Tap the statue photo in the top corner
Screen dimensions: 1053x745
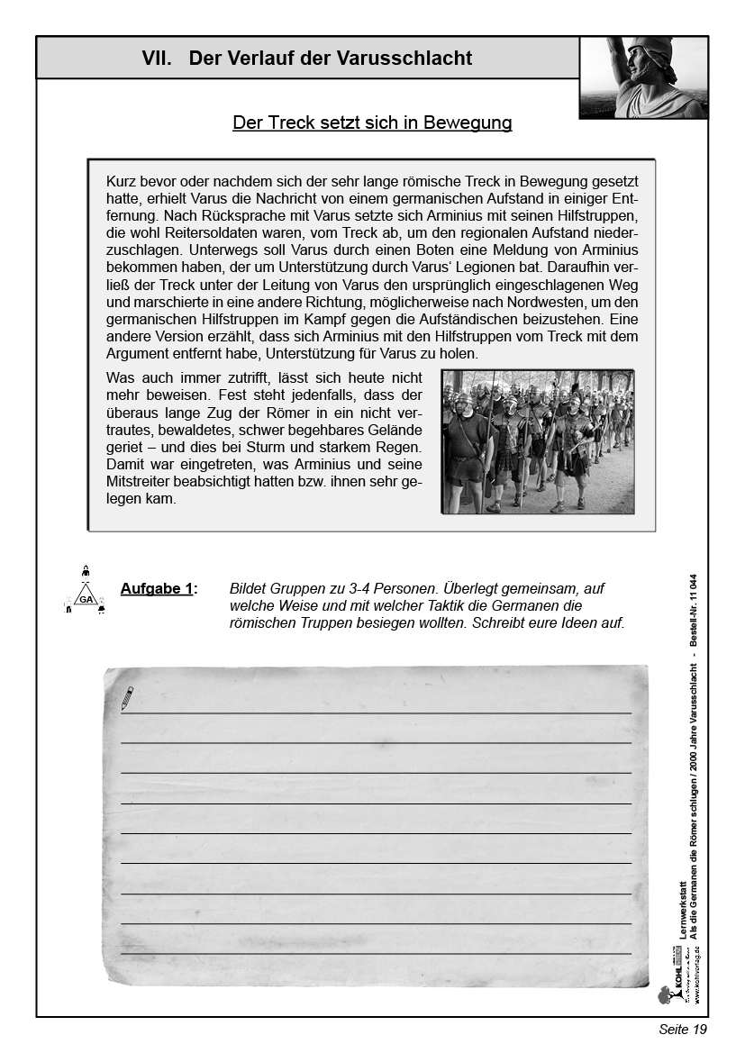coord(642,77)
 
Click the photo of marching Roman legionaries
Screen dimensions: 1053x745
coord(537,441)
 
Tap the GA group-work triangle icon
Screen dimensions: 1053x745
coord(86,594)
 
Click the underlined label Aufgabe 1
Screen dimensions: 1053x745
coord(158,589)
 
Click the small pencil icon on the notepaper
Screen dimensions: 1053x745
coord(127,697)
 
